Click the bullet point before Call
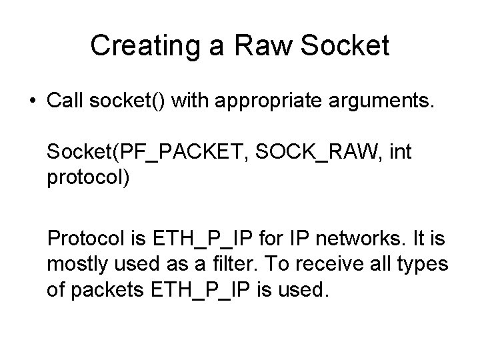(33, 102)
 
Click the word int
(400, 153)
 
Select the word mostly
(75, 265)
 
